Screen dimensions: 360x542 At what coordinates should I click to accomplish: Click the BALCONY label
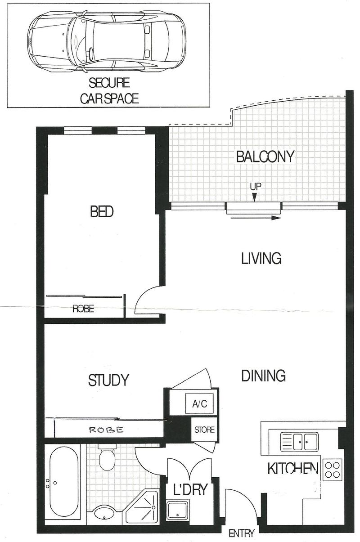point(265,157)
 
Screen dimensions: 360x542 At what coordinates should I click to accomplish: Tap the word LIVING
point(261,258)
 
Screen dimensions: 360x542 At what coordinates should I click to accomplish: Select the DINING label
point(263,376)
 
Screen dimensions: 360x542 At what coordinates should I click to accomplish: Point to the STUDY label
point(108,380)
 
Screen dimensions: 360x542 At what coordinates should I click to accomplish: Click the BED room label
point(102,211)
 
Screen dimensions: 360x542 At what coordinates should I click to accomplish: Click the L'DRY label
point(190,489)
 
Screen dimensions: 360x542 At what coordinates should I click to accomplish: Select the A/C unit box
point(199,403)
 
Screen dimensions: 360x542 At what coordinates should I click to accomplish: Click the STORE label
point(204,430)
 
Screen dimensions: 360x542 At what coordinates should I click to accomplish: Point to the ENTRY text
point(242,533)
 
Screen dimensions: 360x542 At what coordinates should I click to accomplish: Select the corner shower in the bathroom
point(140,506)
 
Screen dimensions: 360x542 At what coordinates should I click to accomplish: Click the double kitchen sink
point(299,442)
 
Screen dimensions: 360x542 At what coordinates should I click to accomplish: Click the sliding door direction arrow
point(256,218)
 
